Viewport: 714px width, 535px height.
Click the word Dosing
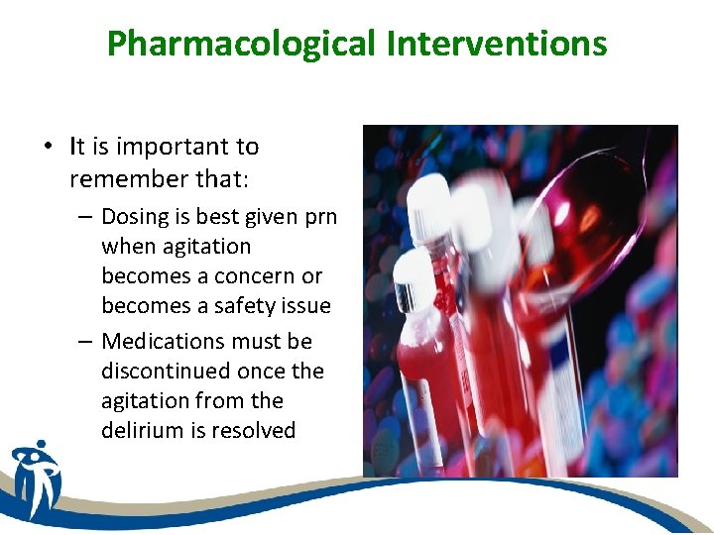[133, 217]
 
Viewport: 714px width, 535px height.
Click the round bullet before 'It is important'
[48, 148]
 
